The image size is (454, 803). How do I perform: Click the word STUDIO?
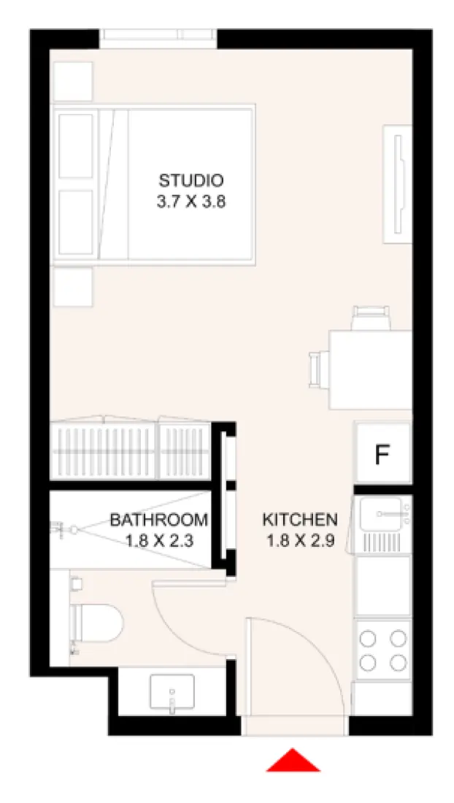191,180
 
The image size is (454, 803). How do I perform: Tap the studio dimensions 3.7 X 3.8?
191,202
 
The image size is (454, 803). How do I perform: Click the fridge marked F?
382,455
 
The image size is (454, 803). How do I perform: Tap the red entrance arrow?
293,761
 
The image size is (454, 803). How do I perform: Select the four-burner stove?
382,650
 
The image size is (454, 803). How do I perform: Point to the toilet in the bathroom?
97,622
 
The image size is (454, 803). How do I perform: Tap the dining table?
369,369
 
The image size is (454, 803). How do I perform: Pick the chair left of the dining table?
319,369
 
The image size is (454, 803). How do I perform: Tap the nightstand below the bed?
73,287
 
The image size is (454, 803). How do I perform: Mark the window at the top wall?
158,37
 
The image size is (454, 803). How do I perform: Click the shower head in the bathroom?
72,529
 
